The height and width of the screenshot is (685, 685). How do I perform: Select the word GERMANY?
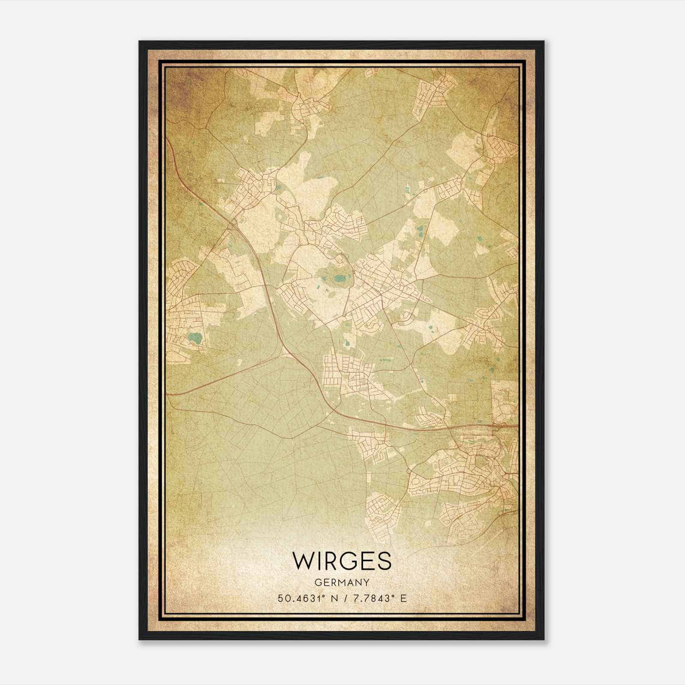point(342,583)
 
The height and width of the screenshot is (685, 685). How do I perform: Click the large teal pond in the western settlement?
point(196,339)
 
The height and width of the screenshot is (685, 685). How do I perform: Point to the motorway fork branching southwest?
point(284,354)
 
